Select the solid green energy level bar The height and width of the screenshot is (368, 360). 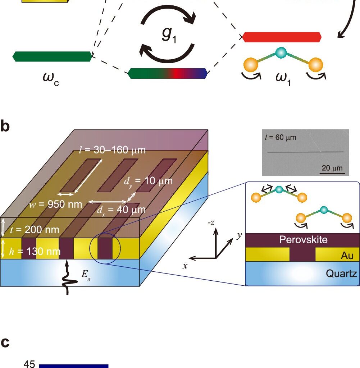tap(53, 56)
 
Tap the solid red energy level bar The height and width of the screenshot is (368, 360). tap(282, 37)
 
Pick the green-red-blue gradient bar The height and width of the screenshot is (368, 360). tap(168, 73)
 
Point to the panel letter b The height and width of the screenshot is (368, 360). tap(5, 127)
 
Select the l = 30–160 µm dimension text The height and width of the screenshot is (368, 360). tap(113, 150)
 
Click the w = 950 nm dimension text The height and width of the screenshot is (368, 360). tap(56, 205)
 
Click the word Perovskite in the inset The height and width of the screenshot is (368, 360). tap(303, 240)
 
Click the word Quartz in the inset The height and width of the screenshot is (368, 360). tap(341, 274)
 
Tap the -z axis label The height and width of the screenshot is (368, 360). tap(211, 223)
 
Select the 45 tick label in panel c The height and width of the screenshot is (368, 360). tap(29, 364)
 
